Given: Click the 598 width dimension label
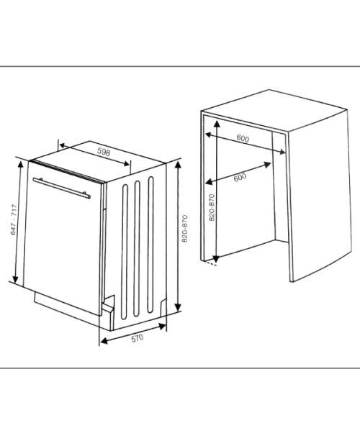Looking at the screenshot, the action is (x=104, y=152).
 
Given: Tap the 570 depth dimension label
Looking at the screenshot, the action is (x=138, y=338).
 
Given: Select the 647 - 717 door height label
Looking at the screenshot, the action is (x=14, y=219).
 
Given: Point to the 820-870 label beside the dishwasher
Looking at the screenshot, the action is (x=185, y=229).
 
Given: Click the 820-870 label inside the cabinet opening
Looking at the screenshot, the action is (x=212, y=207).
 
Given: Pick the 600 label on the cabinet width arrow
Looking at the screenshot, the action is (x=243, y=139).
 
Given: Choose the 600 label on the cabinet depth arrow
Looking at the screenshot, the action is (x=240, y=178).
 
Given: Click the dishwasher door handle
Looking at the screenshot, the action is (x=62, y=188).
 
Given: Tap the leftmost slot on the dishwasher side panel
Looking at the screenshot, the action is (x=125, y=252).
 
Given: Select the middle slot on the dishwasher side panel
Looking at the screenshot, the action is (x=137, y=248).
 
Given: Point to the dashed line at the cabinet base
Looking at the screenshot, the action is (x=210, y=263).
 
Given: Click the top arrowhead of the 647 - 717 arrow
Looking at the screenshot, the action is (x=20, y=164).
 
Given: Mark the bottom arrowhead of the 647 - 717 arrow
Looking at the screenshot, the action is (x=15, y=280).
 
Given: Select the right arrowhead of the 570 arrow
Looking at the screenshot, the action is (x=163, y=327).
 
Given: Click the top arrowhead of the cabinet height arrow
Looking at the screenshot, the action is (x=217, y=124).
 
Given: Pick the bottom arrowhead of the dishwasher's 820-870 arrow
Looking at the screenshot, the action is (x=178, y=307).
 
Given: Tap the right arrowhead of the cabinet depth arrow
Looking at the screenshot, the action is (x=267, y=165).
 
